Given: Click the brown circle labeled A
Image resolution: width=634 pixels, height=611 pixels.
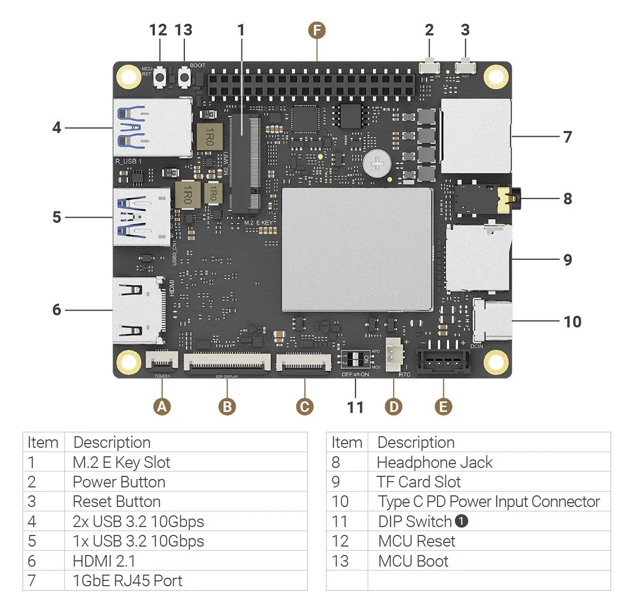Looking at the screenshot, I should [x=162, y=407].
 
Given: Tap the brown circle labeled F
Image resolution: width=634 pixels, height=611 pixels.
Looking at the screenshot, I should [x=316, y=30].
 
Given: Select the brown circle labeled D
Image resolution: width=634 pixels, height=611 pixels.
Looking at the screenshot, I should [x=394, y=407].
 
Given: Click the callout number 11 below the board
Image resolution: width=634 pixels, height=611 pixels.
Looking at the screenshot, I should [x=355, y=407].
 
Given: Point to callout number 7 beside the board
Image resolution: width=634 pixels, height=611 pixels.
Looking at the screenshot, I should [x=567, y=137].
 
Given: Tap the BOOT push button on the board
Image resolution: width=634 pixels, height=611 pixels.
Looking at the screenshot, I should [x=184, y=78].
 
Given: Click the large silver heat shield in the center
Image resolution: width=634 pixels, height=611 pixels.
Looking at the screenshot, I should [x=357, y=249].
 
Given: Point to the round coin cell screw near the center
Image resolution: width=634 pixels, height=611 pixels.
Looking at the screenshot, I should [x=377, y=163].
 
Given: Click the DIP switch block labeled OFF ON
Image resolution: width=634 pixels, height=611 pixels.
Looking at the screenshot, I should [x=355, y=360].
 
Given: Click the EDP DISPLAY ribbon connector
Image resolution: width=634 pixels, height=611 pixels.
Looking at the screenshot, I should [x=227, y=363].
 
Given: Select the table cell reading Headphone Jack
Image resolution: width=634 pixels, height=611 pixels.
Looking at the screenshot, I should [x=435, y=463].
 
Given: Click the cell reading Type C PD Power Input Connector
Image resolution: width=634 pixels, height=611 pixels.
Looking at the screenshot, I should [x=489, y=502].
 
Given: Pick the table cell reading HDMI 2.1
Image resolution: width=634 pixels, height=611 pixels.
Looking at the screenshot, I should [x=104, y=561].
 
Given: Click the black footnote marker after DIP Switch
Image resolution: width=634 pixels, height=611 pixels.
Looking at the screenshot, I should [x=461, y=521].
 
